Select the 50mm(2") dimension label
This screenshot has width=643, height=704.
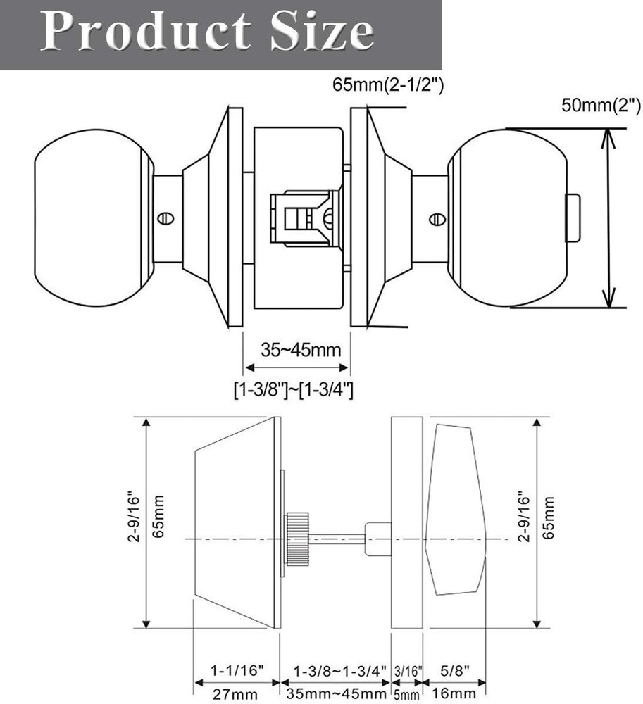[x=600, y=106]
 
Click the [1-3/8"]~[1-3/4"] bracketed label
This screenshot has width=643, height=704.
[x=294, y=389]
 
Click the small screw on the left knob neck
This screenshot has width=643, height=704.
[x=166, y=218]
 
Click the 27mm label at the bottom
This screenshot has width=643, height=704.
[x=235, y=695]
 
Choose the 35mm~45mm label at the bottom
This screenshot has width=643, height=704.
[x=334, y=695]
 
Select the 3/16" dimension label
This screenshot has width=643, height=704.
[x=408, y=671]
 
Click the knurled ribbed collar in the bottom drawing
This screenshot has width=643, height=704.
[x=297, y=539]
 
